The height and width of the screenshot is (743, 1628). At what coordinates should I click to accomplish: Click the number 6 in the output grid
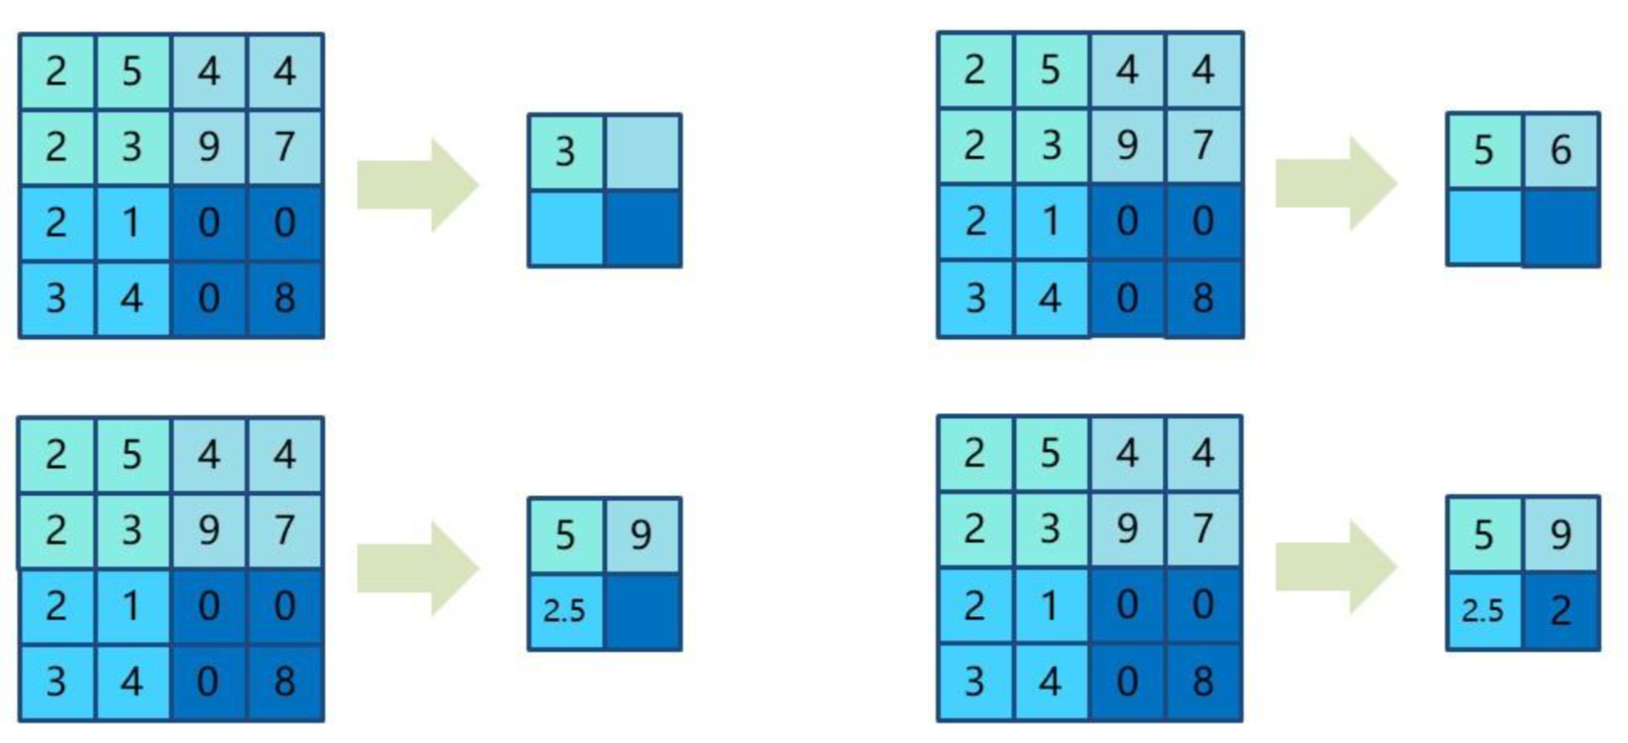coord(1560,150)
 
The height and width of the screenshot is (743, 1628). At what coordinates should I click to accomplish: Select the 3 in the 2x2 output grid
coord(565,152)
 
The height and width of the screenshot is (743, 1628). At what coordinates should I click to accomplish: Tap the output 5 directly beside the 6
coord(1483,150)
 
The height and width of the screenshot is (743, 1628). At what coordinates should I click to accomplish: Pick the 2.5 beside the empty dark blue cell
coord(564,611)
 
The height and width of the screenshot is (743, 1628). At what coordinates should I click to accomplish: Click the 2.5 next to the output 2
coord(1482,611)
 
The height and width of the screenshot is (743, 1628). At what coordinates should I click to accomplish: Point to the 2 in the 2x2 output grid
coord(1560,611)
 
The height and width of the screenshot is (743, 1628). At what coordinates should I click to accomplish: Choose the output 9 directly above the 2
coord(1560,534)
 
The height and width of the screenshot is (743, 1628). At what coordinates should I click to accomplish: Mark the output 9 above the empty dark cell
coord(641,535)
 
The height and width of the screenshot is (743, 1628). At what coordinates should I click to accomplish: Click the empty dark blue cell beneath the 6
coord(1561,227)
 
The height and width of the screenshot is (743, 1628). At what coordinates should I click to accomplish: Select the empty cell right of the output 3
coord(643,152)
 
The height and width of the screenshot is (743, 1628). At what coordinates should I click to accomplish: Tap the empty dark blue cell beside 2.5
coord(643,612)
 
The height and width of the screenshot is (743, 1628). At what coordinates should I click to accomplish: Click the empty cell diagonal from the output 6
coord(1484,227)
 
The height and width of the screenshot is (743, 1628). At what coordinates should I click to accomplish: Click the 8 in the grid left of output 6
coord(1203,298)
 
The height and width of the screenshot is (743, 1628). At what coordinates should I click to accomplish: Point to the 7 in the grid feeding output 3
coord(284,146)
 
